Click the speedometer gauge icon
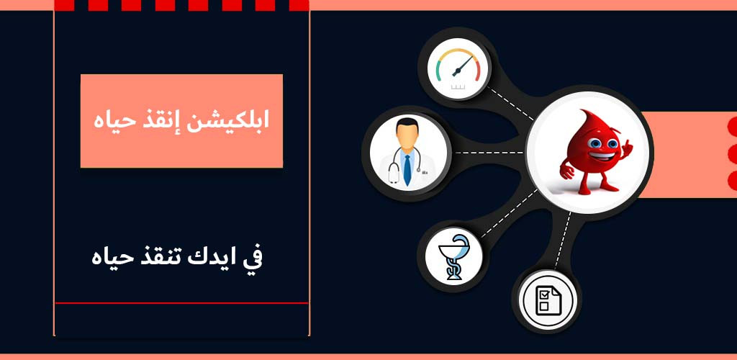click(x=457, y=69)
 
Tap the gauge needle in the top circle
click(x=462, y=66)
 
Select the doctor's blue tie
click(x=407, y=168)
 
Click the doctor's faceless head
click(x=407, y=134)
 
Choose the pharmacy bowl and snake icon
click(x=453, y=263)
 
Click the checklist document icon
click(x=548, y=301)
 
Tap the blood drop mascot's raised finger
click(x=626, y=147)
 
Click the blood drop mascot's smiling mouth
click(x=601, y=155)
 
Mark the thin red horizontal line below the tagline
click(x=181, y=303)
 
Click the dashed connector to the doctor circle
click(x=489, y=153)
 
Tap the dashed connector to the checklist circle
click(x=563, y=240)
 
